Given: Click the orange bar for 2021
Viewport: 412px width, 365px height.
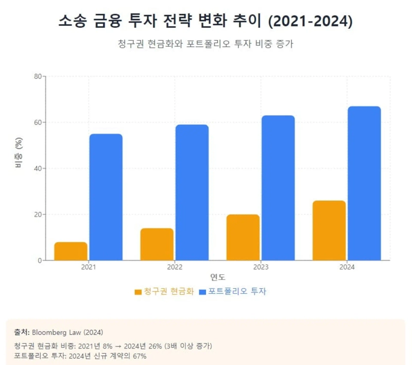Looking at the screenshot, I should coord(71,251).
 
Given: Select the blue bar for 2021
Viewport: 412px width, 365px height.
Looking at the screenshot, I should coord(106,197).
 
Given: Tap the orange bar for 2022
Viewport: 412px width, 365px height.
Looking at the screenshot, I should coord(157,244).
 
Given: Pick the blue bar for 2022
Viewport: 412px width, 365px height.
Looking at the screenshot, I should coord(192,192).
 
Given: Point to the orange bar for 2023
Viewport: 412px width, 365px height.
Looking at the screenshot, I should coord(243,237).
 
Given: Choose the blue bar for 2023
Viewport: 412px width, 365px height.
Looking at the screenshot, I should coord(278,188).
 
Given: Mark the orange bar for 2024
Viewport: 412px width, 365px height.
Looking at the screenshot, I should coord(329,230).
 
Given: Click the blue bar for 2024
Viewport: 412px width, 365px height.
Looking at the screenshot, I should coord(364,183).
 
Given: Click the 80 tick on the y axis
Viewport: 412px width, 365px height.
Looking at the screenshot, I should coord(38,76).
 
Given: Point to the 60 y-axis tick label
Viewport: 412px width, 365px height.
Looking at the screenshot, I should coord(38,123).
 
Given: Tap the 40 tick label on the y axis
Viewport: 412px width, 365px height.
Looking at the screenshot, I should coord(38,169).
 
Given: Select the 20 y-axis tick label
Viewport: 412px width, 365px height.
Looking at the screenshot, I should coord(38,214).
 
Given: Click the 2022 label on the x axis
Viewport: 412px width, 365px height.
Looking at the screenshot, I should coord(175,268).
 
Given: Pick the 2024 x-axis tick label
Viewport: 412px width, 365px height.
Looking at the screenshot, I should coord(347,268).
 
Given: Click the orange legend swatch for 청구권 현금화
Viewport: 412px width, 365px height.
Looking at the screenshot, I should coord(138,292).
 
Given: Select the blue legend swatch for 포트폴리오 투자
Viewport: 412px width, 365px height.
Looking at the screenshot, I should coord(202,292).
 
